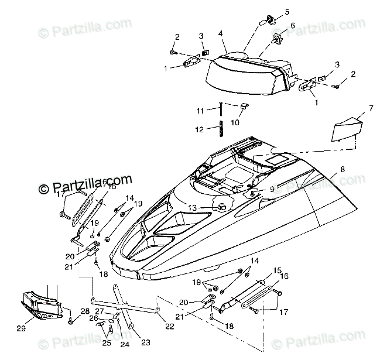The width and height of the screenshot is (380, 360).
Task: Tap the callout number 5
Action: point(287,11)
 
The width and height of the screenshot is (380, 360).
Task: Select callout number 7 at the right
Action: point(354,108)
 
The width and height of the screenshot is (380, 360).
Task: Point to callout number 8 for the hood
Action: point(343,169)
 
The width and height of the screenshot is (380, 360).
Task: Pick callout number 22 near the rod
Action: point(170,326)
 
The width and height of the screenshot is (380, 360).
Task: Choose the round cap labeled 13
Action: point(222,207)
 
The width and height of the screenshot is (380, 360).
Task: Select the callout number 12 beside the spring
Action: point(199,129)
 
